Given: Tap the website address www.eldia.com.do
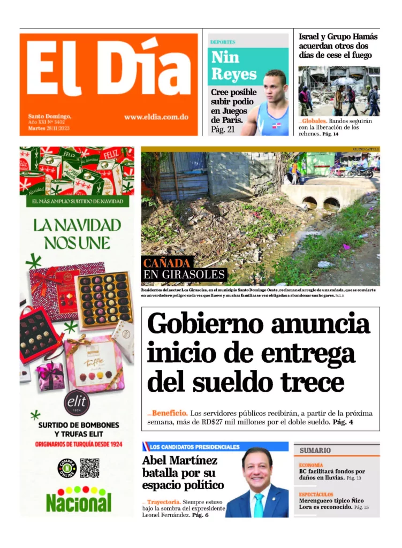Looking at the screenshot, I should [x=156, y=117].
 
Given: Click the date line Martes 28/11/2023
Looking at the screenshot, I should [x=49, y=128].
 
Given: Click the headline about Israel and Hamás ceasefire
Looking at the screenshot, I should [x=338, y=45].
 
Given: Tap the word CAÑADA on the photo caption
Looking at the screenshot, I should [x=166, y=263].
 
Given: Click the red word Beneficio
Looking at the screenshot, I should [x=169, y=413].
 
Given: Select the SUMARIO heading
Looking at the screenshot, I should [x=315, y=450].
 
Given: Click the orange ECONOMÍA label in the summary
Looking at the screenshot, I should [x=311, y=465].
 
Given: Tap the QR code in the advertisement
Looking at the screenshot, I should [x=89, y=468].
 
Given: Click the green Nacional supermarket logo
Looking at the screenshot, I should [x=79, y=501].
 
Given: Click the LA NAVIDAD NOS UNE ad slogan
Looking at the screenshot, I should [x=77, y=233].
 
